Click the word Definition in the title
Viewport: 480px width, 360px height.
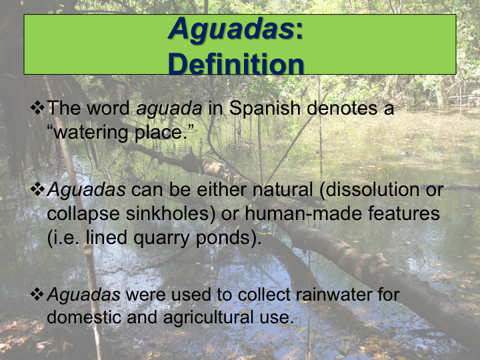[x=236, y=64]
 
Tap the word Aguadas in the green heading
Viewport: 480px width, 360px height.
[x=231, y=29]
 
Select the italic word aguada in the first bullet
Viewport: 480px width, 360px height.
[x=169, y=109]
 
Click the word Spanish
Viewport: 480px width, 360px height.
[x=265, y=109]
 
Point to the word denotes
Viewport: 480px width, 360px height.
[x=342, y=109]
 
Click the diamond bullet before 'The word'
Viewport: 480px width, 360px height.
[x=37, y=108]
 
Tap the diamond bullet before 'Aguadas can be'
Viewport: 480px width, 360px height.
[x=37, y=189]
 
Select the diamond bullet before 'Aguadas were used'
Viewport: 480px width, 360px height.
[x=37, y=294]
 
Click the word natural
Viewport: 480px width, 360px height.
[x=283, y=189]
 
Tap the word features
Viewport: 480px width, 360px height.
[x=404, y=213]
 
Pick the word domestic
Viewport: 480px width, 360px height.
[x=84, y=317]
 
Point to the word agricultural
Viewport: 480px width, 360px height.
[x=208, y=318]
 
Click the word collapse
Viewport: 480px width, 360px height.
[x=83, y=214]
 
